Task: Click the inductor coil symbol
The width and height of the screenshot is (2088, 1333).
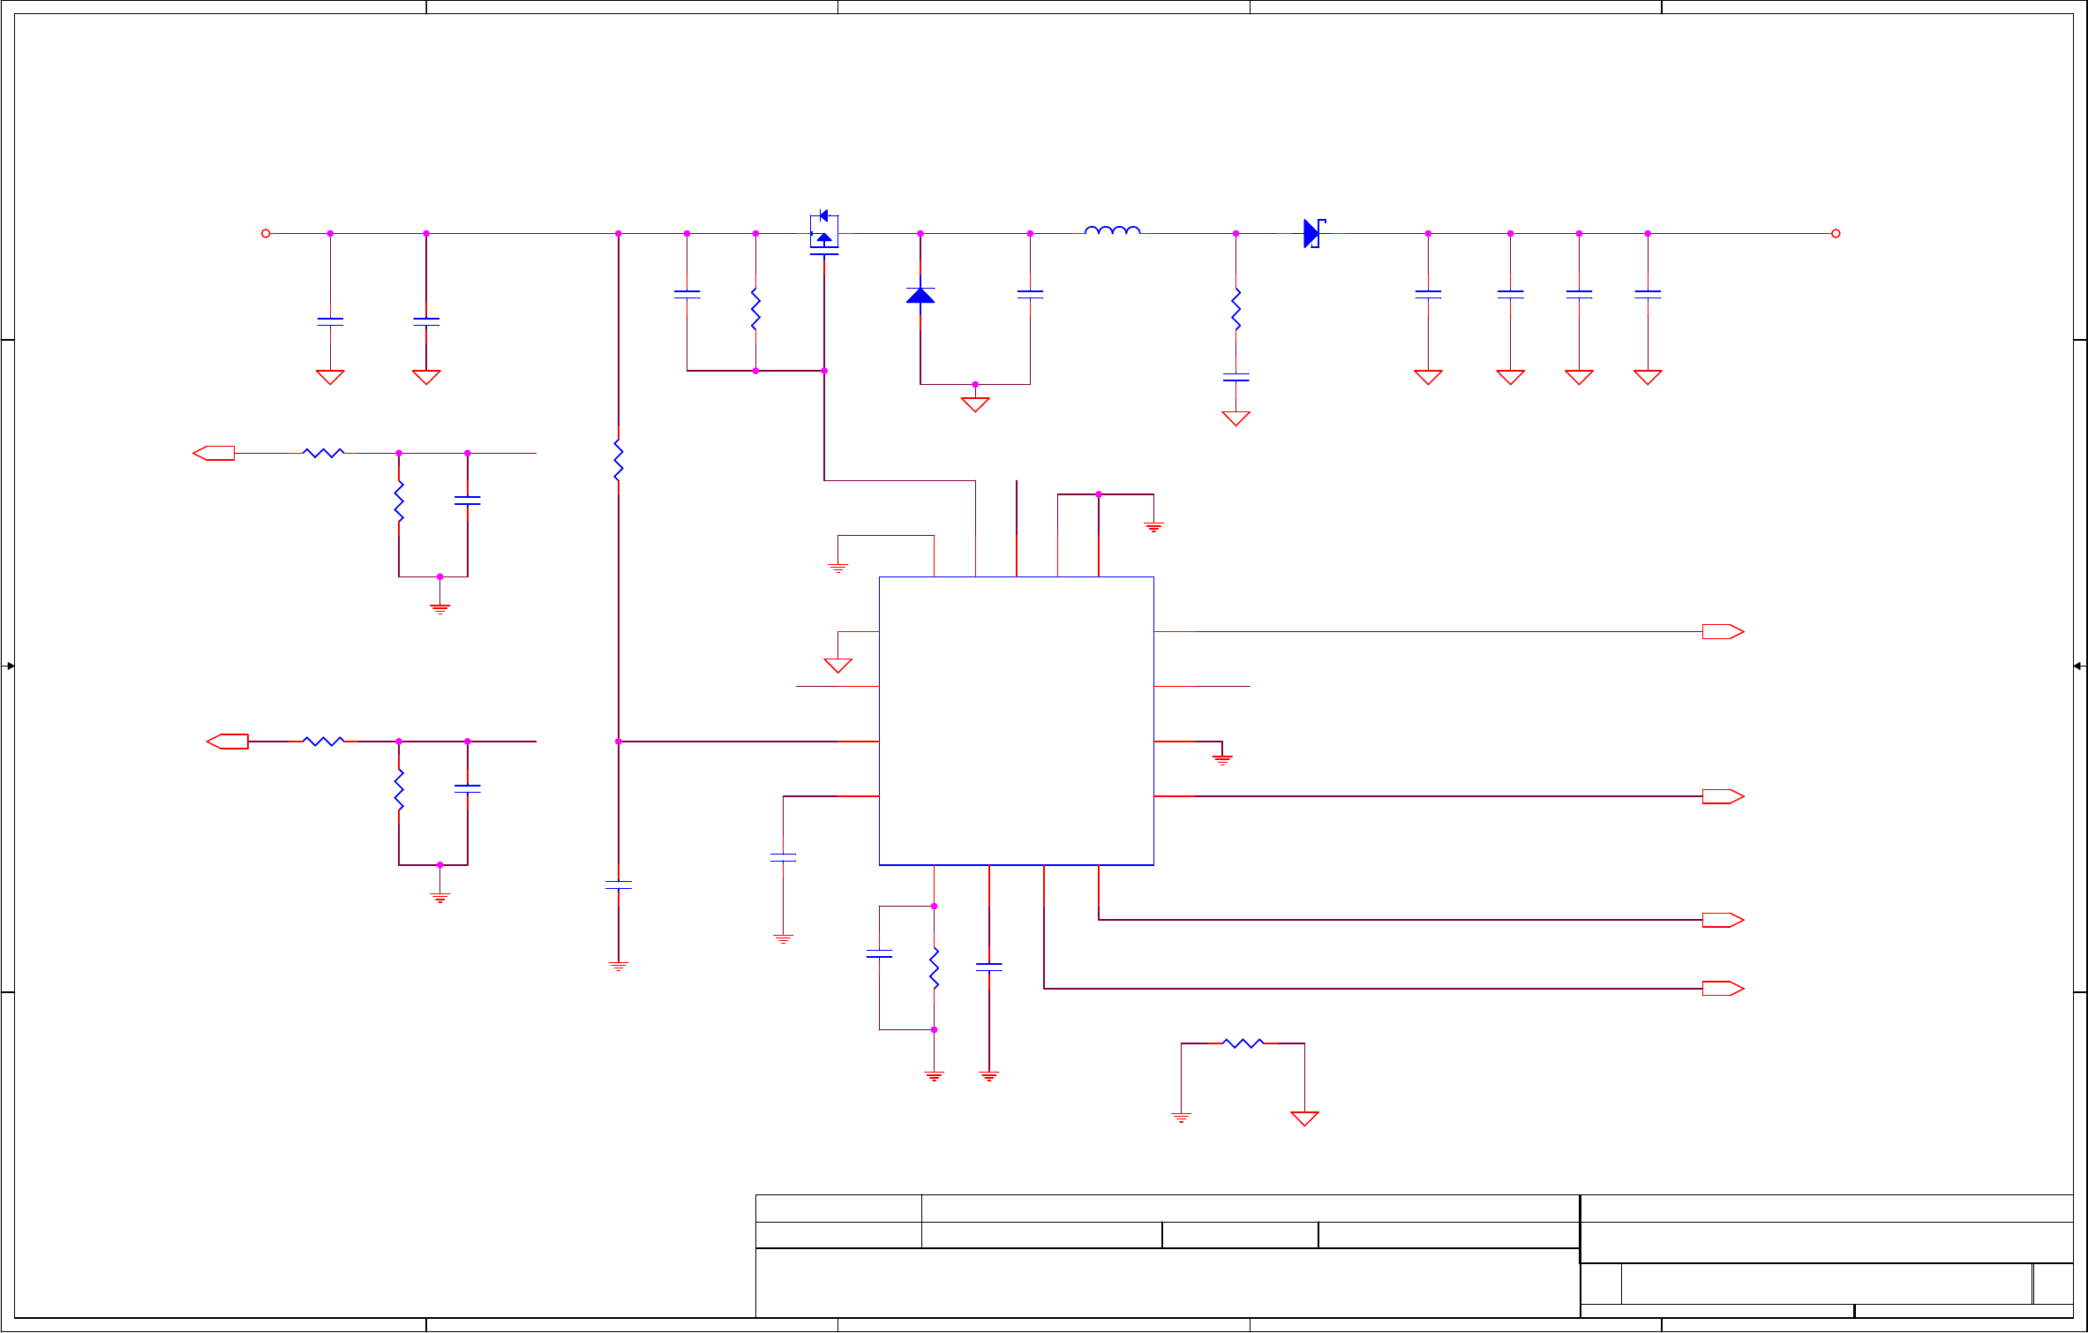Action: (1112, 231)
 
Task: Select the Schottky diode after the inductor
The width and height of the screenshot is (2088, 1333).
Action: (1313, 233)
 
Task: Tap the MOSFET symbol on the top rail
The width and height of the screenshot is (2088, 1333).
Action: (823, 234)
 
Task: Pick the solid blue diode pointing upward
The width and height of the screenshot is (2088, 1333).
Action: (920, 295)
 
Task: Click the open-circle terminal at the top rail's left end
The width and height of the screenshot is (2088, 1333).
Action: (266, 233)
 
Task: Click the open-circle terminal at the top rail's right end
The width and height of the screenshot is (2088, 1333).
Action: (1836, 233)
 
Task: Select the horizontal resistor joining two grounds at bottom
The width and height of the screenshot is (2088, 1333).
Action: (1243, 1043)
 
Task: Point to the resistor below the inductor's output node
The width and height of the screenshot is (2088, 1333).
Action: (1236, 309)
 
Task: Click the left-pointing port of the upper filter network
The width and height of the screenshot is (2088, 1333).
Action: (214, 453)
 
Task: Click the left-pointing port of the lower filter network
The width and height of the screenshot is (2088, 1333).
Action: (227, 742)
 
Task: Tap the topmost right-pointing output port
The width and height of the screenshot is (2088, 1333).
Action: (1723, 631)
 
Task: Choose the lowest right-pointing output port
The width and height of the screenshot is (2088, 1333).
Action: (1723, 989)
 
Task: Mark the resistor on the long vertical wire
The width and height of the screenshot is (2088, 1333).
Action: (618, 459)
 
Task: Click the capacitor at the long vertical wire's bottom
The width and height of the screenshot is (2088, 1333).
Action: (618, 885)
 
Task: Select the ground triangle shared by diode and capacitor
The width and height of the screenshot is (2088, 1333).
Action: (974, 403)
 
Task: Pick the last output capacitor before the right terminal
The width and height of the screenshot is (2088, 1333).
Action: (1647, 294)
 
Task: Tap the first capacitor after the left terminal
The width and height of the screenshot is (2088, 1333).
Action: (330, 321)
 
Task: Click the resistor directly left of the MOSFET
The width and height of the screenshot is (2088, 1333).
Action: (755, 309)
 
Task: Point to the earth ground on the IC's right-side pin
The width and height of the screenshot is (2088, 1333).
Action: (1221, 758)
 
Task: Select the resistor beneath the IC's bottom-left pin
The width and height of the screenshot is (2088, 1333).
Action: (934, 968)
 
